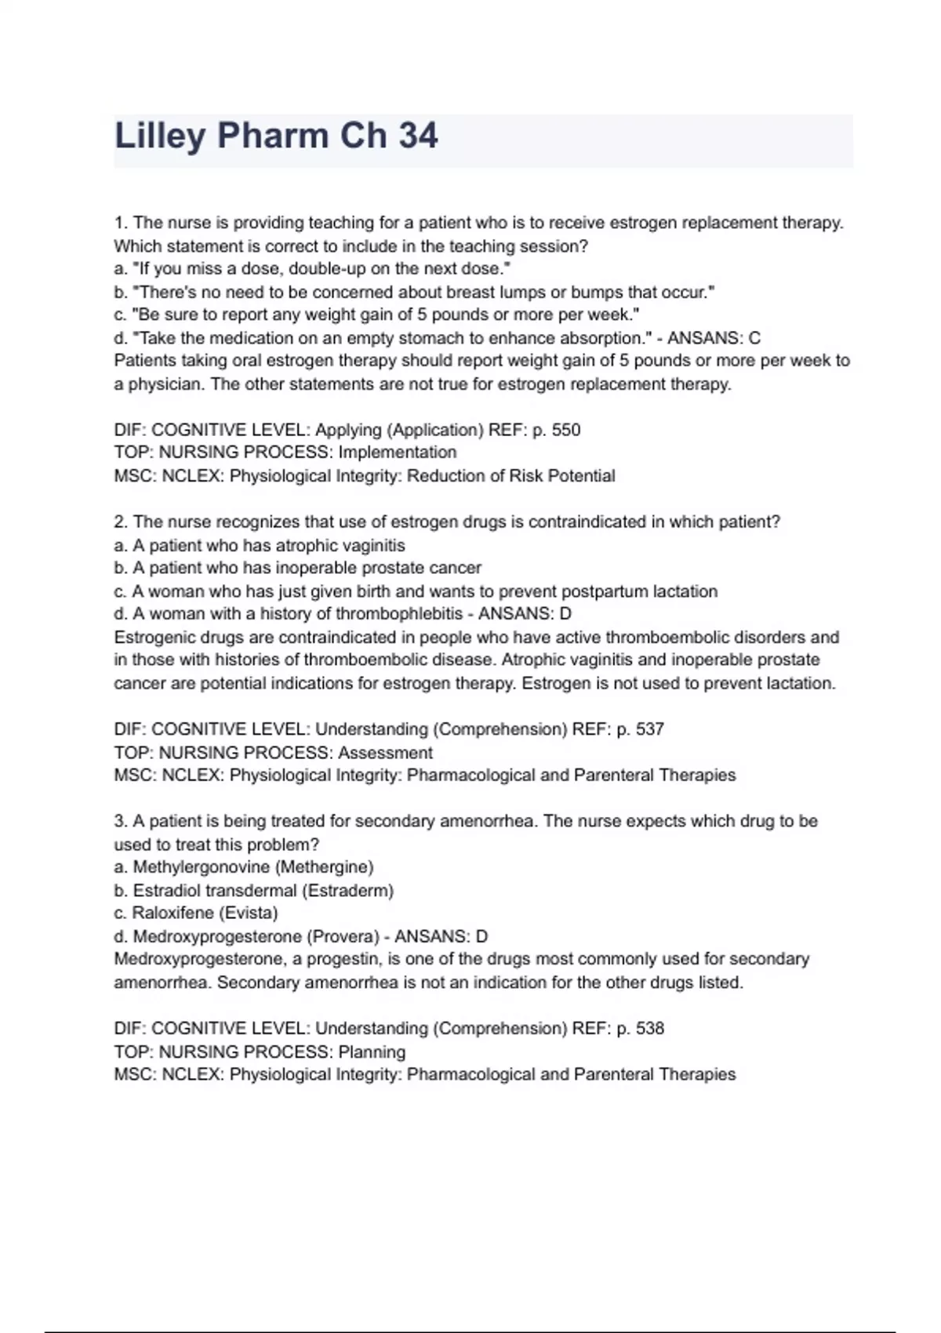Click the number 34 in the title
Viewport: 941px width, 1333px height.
click(x=418, y=136)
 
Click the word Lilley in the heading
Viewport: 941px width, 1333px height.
click(x=160, y=136)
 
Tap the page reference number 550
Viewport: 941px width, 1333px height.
click(x=566, y=430)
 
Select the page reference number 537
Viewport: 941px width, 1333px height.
click(x=650, y=729)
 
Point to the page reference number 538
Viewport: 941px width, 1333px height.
click(x=650, y=1029)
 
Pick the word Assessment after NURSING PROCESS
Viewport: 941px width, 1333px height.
click(x=385, y=753)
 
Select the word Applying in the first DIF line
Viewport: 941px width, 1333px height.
click(x=348, y=430)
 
